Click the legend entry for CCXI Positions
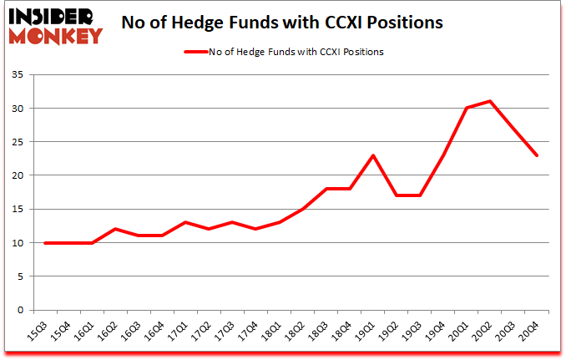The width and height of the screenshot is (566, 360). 284,52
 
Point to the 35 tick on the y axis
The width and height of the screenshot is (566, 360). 21,75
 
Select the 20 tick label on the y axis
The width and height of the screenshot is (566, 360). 21,175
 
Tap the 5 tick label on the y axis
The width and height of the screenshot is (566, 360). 23,276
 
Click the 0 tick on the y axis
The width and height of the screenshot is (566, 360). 23,310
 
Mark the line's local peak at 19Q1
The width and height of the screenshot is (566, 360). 373,155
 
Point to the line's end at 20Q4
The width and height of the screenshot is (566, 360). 538,155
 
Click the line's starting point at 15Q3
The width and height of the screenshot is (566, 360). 44,243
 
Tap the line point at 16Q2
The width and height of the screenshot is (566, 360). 115,229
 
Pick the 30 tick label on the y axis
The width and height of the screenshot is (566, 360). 21,109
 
